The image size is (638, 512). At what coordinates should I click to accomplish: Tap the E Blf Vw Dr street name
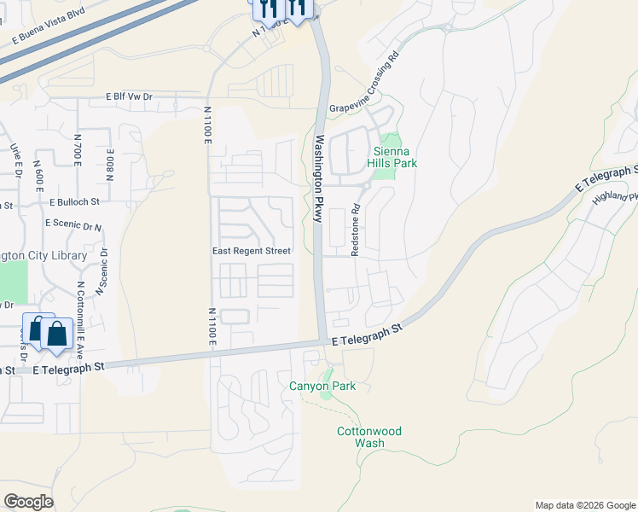pyautogui.click(x=129, y=97)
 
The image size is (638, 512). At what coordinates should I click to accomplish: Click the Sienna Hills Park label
pyautogui.click(x=391, y=155)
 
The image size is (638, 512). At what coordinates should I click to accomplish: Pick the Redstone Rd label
pyautogui.click(x=357, y=220)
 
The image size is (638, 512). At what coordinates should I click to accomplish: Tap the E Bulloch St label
pyautogui.click(x=74, y=203)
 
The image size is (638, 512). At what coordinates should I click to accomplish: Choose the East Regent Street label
pyautogui.click(x=252, y=251)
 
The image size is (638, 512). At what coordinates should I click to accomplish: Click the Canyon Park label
pyautogui.click(x=322, y=387)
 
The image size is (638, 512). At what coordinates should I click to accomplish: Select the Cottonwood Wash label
pyautogui.click(x=369, y=437)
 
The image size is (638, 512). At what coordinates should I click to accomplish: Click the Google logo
pyautogui.click(x=28, y=502)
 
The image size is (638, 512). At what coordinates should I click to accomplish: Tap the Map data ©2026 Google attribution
pyautogui.click(x=585, y=505)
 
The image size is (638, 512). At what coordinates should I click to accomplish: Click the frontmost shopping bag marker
pyautogui.click(x=56, y=335)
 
